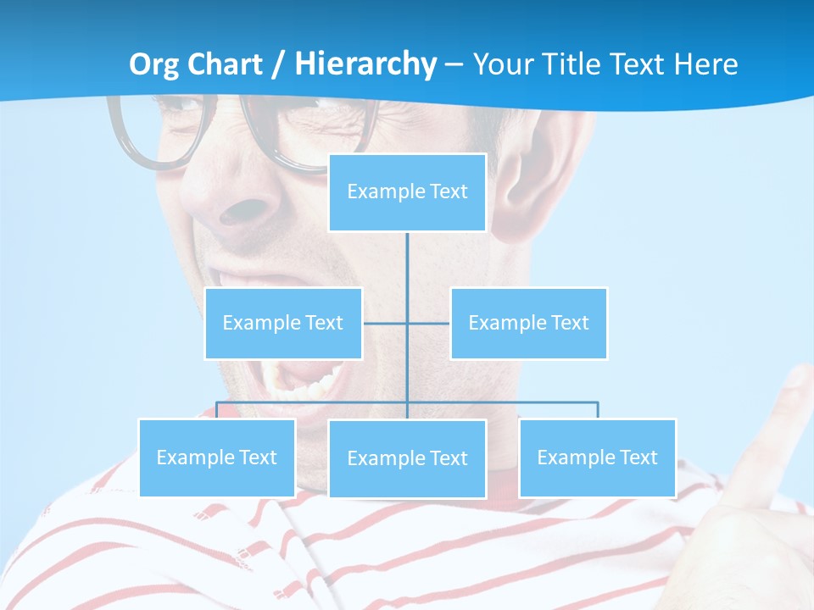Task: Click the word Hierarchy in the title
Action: click(x=365, y=64)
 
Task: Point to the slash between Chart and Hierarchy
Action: click(x=279, y=64)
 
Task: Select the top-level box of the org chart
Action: click(x=407, y=192)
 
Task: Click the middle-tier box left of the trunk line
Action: click(x=283, y=323)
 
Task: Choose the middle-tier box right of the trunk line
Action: click(x=528, y=323)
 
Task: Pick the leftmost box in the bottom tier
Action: click(x=216, y=457)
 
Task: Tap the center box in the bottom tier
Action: click(x=407, y=458)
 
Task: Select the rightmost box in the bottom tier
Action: click(x=597, y=457)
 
